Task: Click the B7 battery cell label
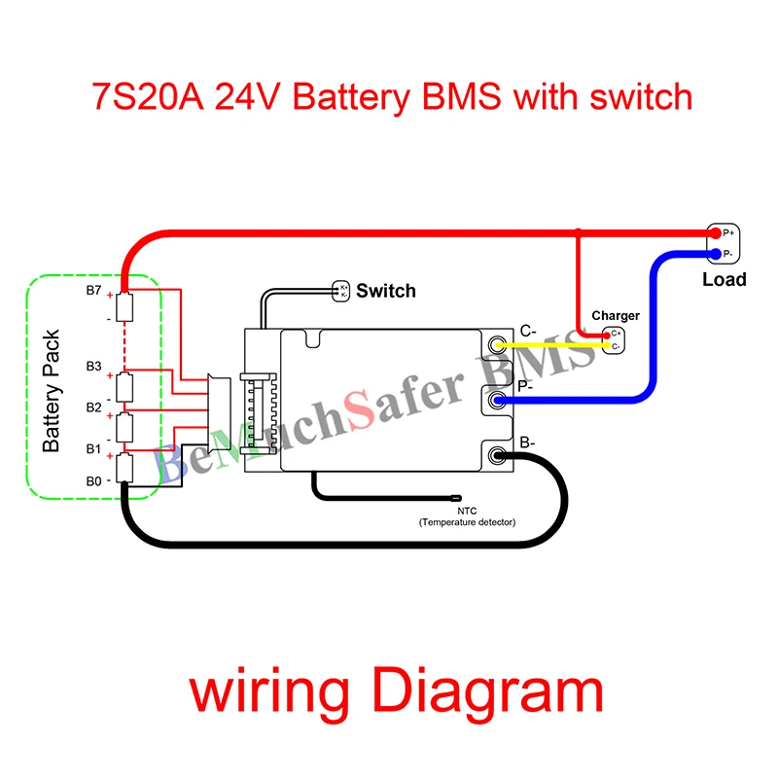[x=94, y=291]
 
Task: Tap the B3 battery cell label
[x=93, y=367]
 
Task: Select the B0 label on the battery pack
[x=93, y=480]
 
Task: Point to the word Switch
[x=385, y=291]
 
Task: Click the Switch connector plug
[x=341, y=290]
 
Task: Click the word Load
[x=724, y=280]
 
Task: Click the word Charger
[x=615, y=316]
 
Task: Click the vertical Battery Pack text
[x=53, y=389]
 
